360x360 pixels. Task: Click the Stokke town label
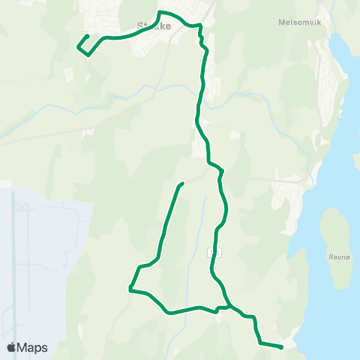154,25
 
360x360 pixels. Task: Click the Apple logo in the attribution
12,347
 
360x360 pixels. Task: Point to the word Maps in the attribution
33,347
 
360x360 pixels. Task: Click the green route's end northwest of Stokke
88,36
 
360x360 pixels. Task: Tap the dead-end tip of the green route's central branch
182,184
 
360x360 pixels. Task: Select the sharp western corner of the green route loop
130,288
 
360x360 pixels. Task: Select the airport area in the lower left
37,255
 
